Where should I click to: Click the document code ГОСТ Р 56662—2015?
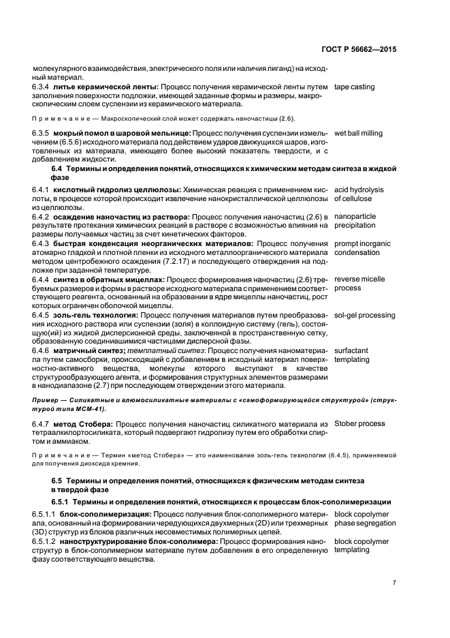tap(360, 50)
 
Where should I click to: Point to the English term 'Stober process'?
tap(359, 423)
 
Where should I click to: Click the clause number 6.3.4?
tap(44, 87)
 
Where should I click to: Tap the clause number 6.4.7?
tap(44, 423)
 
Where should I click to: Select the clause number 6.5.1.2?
tap(46, 541)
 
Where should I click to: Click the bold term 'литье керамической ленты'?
tap(108, 87)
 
